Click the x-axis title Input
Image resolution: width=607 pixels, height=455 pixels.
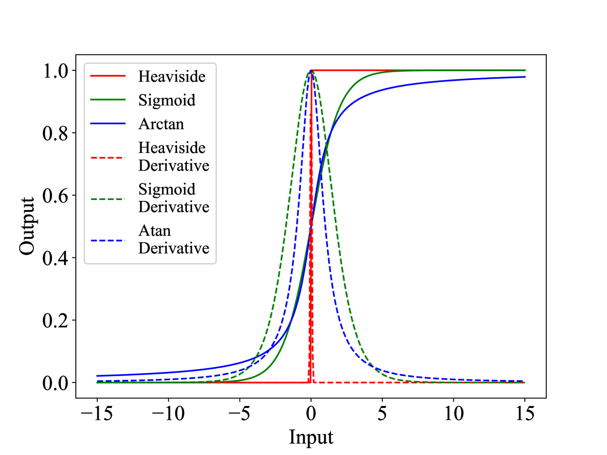pos(311,437)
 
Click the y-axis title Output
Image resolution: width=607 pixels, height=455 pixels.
pos(27,226)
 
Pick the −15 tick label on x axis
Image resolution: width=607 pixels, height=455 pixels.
pos(96,413)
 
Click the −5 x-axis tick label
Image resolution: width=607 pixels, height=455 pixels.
pos(239,413)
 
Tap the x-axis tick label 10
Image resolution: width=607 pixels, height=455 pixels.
pos(454,413)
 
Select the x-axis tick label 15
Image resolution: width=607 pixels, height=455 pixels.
pos(525,413)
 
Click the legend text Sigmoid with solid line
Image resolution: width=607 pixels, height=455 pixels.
pos(167,100)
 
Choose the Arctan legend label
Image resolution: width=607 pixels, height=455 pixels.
pos(161,124)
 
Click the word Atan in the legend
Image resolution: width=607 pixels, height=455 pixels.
pos(154,230)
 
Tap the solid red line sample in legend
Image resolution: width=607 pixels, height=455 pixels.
pos(108,76)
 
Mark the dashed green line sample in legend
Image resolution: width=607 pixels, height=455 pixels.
pos(108,199)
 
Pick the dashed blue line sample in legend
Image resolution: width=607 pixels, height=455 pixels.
pos(108,240)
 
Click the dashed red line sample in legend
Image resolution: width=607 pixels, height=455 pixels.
pos(108,157)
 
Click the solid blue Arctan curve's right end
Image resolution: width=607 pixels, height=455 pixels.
pos(524,77)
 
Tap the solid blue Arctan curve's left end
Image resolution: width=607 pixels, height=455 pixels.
pos(98,376)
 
